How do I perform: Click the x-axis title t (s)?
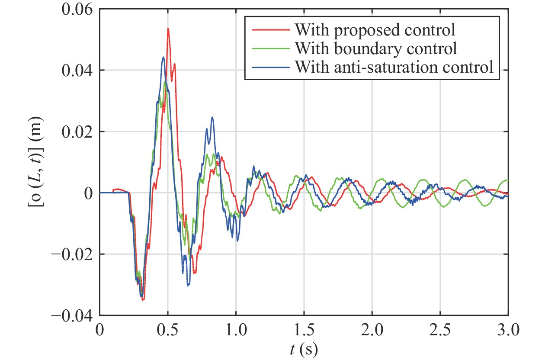pyautogui.click(x=304, y=349)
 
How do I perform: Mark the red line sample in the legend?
pyautogui.click(x=268, y=30)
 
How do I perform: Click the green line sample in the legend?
pyautogui.click(x=268, y=48)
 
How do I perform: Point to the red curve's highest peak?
pyautogui.click(x=168, y=29)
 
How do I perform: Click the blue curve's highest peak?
pyautogui.click(x=163, y=57)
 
